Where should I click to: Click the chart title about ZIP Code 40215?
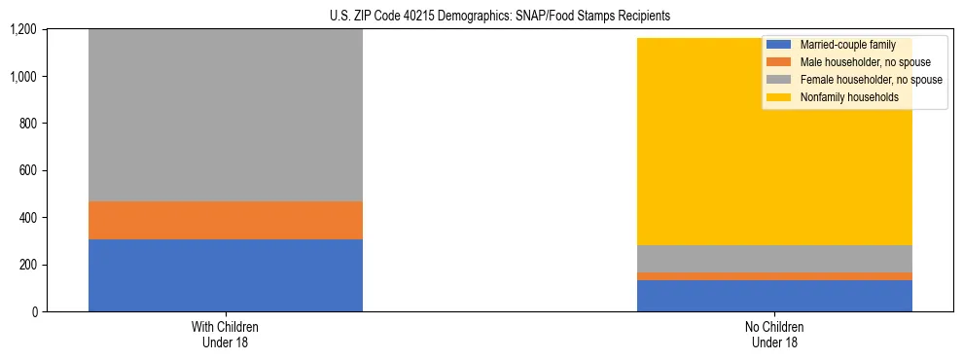coord(481,17)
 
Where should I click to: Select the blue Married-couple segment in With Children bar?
coord(225,275)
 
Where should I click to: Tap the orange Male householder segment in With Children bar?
coord(225,221)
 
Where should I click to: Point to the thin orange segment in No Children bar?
coord(774,276)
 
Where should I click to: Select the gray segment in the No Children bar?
coord(774,259)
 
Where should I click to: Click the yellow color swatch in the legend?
coord(778,97)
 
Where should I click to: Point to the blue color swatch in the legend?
coord(778,45)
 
